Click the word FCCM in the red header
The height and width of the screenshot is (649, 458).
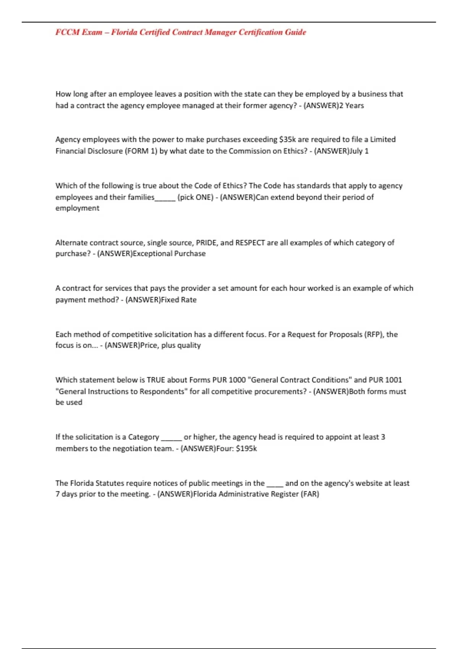(x=67, y=32)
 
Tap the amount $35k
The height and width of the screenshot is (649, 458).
(x=287, y=139)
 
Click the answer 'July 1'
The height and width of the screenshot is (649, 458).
(x=359, y=151)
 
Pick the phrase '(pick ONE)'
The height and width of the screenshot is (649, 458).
(x=195, y=197)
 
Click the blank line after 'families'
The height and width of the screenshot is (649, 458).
(x=165, y=199)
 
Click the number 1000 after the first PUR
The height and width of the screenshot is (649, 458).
(x=237, y=380)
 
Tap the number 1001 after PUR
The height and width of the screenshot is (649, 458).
(x=393, y=380)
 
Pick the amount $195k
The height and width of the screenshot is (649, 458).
(x=246, y=448)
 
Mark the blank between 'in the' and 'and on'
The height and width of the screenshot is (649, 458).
(x=274, y=485)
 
